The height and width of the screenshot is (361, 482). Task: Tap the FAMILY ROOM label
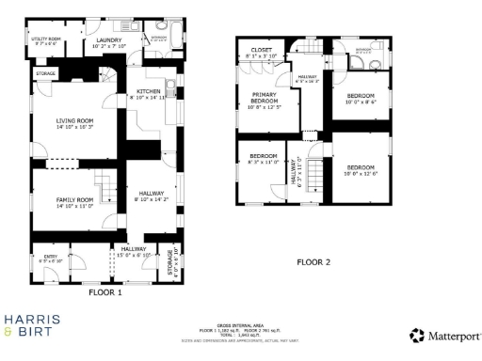point(77,199)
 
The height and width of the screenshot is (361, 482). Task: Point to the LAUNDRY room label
point(111,40)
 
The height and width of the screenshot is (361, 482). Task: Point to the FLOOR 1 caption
point(105,291)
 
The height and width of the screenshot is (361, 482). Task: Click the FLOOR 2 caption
point(313,262)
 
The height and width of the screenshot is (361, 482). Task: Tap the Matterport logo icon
point(415,335)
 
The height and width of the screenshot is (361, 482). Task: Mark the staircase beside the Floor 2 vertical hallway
point(318,173)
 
